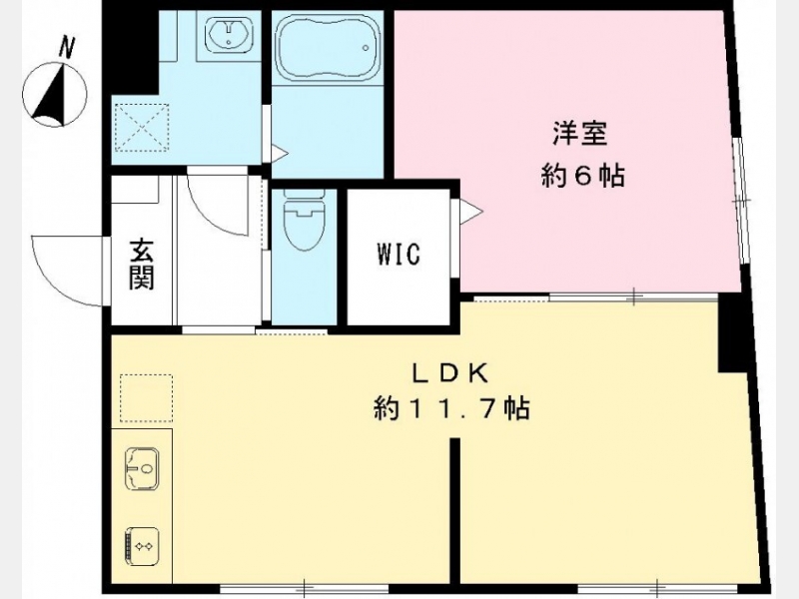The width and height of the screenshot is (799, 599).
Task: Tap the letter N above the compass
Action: tap(67, 47)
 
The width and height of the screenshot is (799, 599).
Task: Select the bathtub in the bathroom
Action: tap(328, 47)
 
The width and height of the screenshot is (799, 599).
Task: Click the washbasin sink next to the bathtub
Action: tap(229, 34)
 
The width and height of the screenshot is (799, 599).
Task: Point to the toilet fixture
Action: tap(304, 219)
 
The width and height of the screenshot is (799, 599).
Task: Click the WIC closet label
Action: tap(399, 254)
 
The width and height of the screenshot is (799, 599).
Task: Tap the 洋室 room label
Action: tap(580, 133)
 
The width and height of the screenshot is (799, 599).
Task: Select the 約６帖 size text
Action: tap(582, 177)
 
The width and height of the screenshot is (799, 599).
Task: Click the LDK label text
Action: tap(450, 374)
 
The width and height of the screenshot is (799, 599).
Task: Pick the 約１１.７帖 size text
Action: tap(452, 408)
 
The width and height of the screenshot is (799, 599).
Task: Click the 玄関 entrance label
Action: tap(141, 264)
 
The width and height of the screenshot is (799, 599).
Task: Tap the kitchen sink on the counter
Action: tap(142, 468)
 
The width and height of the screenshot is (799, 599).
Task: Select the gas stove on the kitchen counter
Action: tap(141, 546)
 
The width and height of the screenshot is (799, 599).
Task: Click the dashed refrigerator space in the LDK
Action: tap(146, 398)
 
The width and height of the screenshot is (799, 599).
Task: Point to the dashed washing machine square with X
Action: tap(142, 128)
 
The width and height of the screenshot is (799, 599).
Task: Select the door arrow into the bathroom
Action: tap(280, 153)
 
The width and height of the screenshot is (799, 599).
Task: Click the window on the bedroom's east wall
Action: tap(742, 200)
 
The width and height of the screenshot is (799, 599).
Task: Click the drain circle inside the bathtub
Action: tap(366, 48)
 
